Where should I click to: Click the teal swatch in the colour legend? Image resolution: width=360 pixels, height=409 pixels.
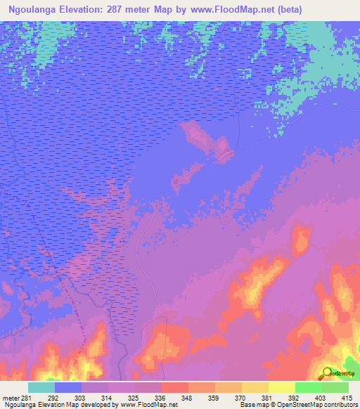coord(41,388)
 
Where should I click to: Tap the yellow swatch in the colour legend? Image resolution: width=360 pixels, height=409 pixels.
coord(281,388)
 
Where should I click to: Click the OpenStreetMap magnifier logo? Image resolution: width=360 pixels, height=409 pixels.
coord(328,372)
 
